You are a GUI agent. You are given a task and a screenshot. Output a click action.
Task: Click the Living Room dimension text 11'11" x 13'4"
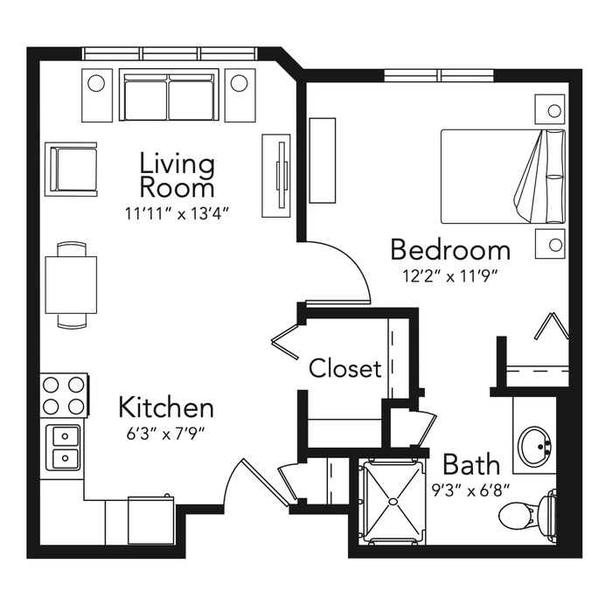pyautogui.click(x=177, y=214)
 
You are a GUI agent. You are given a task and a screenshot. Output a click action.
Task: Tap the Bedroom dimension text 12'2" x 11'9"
pyautogui.click(x=450, y=276)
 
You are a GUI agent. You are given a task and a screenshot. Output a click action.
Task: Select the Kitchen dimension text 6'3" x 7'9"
pyautogui.click(x=166, y=434)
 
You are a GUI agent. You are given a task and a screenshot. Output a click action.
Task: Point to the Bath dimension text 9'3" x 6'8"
pyautogui.click(x=471, y=490)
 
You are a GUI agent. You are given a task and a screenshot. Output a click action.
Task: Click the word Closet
pyautogui.click(x=345, y=368)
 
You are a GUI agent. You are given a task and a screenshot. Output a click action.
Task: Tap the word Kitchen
pyautogui.click(x=166, y=407)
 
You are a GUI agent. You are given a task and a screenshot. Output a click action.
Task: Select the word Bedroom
pyautogui.click(x=450, y=250)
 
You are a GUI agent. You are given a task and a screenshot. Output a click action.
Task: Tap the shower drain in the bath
pyautogui.click(x=393, y=501)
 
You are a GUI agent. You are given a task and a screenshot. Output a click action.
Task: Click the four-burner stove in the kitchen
pyautogui.click(x=65, y=396)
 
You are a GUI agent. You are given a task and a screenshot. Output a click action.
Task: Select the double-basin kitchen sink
pyautogui.click(x=65, y=448)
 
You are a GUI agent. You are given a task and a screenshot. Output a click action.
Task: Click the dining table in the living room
pyautogui.click(x=71, y=284)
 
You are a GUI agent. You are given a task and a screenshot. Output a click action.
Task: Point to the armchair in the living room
pyautogui.click(x=71, y=169)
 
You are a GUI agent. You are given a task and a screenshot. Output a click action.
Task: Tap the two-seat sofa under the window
pyautogui.click(x=169, y=94)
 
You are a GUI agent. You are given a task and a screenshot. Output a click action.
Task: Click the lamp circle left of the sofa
pyautogui.click(x=96, y=83)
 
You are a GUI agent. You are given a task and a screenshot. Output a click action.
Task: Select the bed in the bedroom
pyautogui.click(x=503, y=177)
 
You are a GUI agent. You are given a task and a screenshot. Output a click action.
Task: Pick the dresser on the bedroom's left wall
pyautogui.click(x=323, y=160)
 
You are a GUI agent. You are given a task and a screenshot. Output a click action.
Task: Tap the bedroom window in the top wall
pyautogui.click(x=439, y=75)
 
